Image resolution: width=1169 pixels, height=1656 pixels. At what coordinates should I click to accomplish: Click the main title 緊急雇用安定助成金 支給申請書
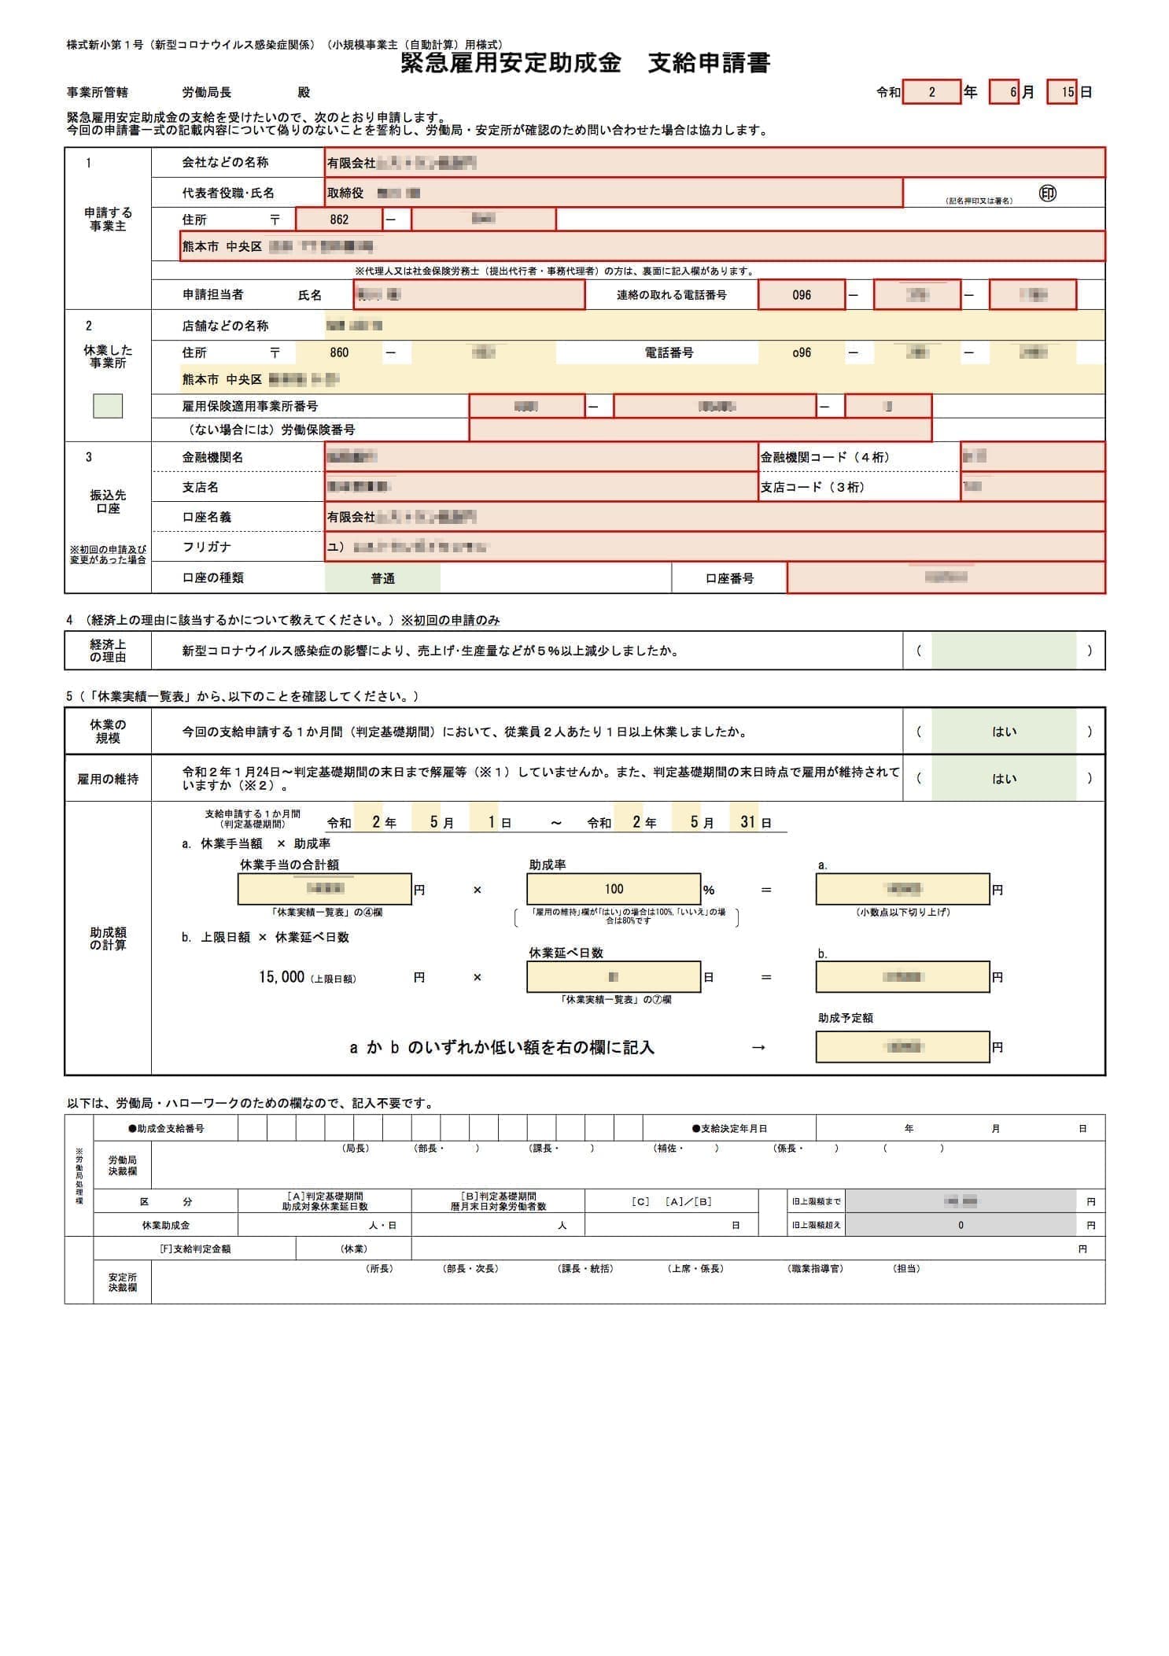click(x=585, y=63)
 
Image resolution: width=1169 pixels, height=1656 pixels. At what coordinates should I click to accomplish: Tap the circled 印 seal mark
click(x=1047, y=194)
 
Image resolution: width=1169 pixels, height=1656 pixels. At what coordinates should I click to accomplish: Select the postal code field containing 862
click(x=339, y=219)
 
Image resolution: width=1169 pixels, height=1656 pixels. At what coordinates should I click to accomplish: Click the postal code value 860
click(x=339, y=352)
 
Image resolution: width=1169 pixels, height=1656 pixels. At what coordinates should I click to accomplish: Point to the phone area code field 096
click(x=801, y=295)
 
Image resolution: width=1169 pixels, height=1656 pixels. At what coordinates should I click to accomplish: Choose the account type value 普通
click(x=383, y=578)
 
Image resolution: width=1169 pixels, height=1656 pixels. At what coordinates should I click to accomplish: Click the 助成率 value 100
click(x=614, y=889)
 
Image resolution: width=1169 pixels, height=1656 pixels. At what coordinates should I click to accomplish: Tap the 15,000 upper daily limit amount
click(x=281, y=977)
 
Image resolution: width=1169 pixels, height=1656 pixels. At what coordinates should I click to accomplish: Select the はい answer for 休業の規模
click(x=1004, y=732)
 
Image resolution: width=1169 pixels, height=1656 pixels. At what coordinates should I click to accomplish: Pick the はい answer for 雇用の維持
click(x=1004, y=779)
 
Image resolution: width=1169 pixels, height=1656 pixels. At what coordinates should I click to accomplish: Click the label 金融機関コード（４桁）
click(x=824, y=457)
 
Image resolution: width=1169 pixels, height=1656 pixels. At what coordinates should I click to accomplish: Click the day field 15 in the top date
click(x=1066, y=93)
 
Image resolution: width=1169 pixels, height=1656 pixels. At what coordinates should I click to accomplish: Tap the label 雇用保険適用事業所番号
click(x=250, y=406)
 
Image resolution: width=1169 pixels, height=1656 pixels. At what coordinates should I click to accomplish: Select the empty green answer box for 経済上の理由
click(x=1004, y=651)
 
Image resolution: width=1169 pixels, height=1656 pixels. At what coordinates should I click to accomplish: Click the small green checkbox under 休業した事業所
click(x=108, y=406)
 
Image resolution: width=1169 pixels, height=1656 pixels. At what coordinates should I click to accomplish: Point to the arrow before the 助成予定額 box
click(x=758, y=1047)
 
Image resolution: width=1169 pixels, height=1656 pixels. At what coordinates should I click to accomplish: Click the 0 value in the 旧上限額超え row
click(x=961, y=1225)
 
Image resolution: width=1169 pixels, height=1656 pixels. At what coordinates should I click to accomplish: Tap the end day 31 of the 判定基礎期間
click(x=747, y=822)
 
